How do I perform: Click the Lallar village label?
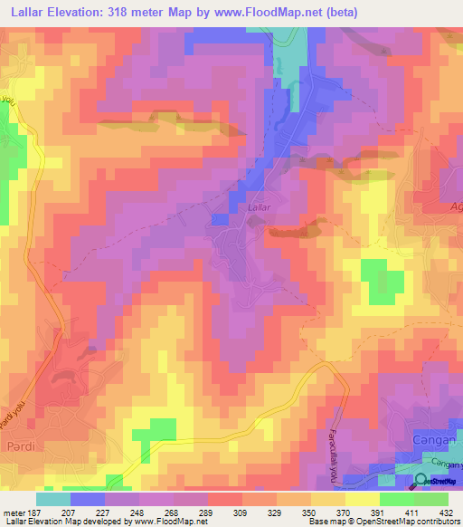pyautogui.click(x=259, y=207)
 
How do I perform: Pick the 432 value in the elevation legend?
pyautogui.click(x=446, y=512)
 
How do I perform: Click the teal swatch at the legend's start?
pyautogui.click(x=53, y=499)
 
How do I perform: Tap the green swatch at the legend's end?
pyautogui.click(x=430, y=499)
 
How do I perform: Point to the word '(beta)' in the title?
pyautogui.click(x=338, y=13)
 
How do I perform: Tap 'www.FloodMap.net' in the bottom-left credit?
pyautogui.click(x=170, y=522)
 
